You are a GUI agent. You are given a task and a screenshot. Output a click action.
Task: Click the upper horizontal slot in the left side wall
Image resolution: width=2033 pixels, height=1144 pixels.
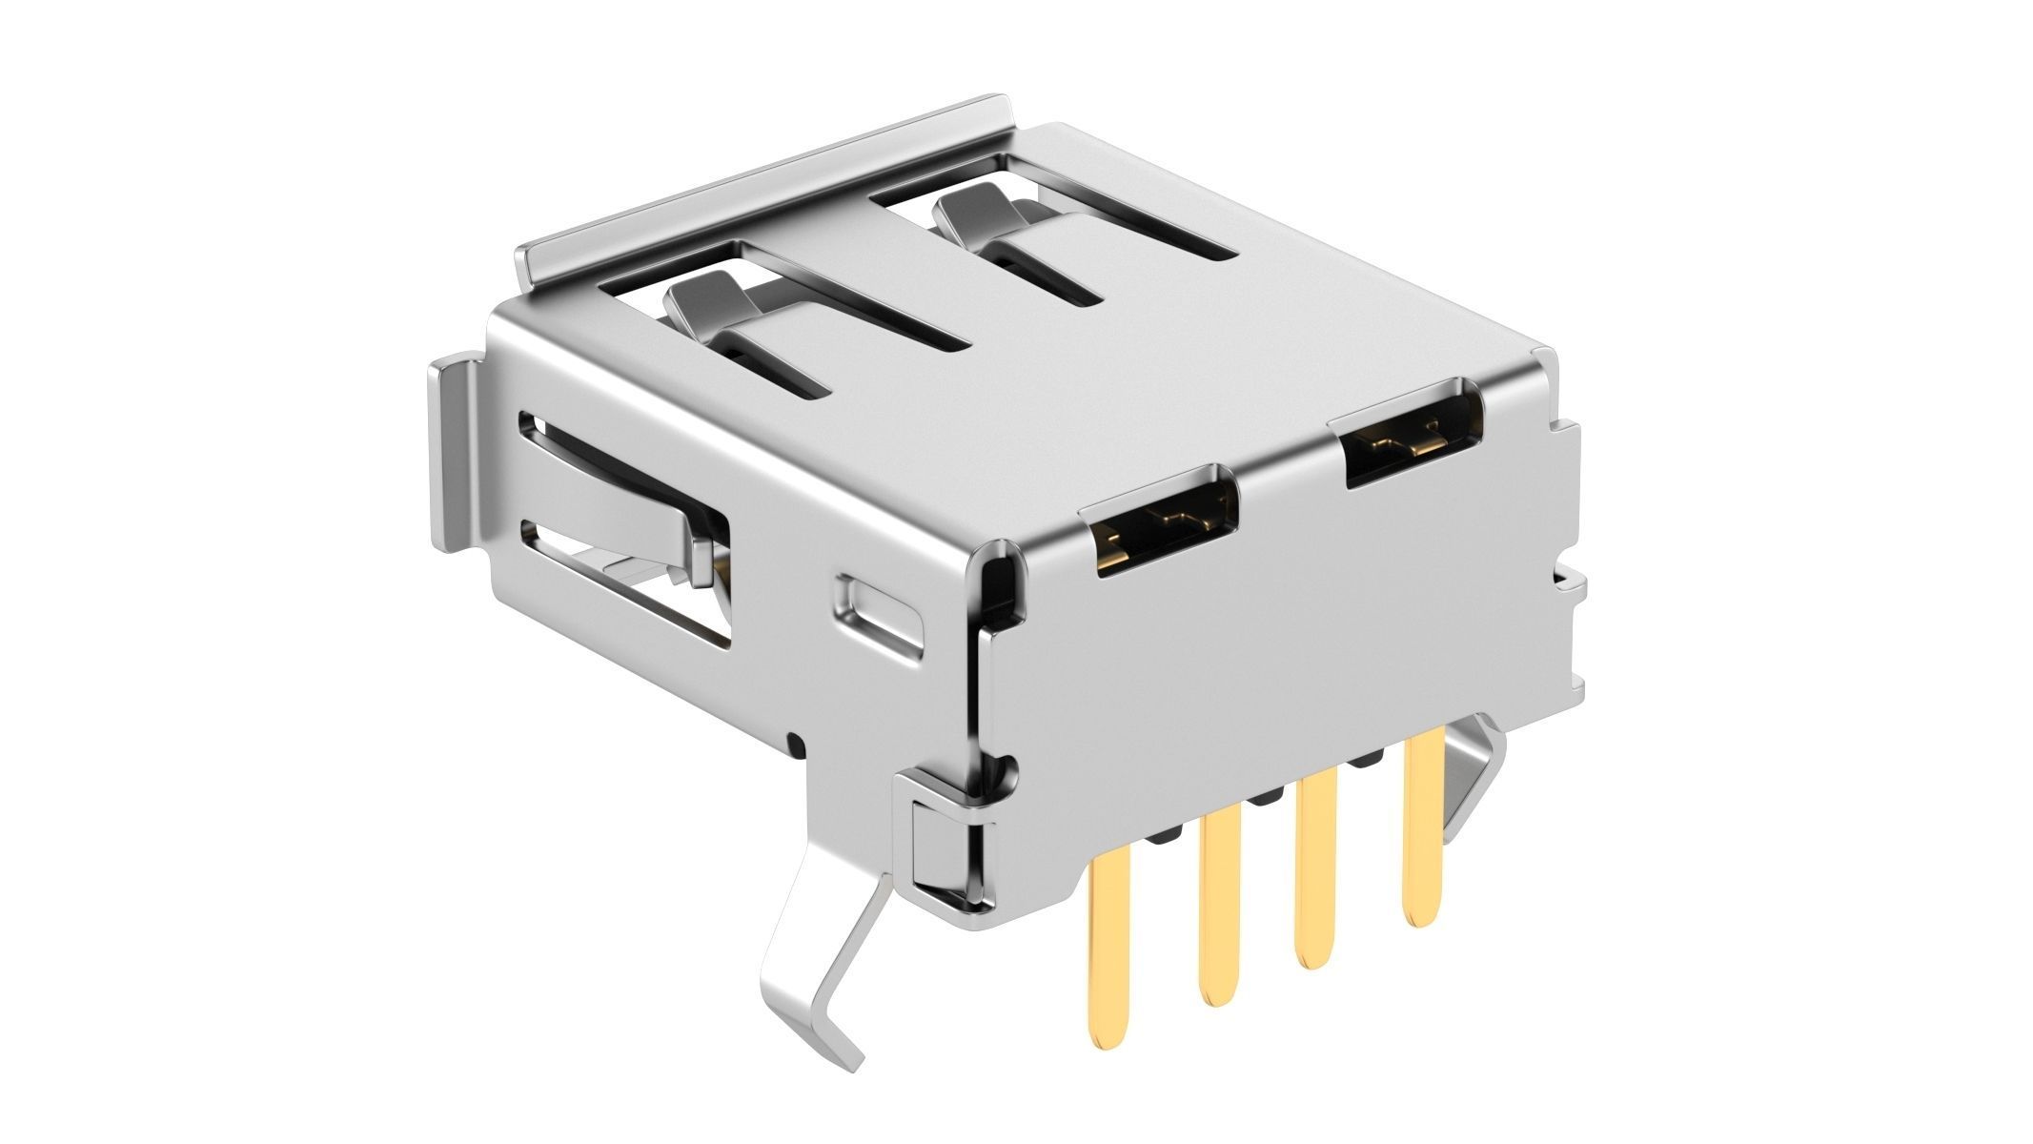[x=610, y=467]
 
